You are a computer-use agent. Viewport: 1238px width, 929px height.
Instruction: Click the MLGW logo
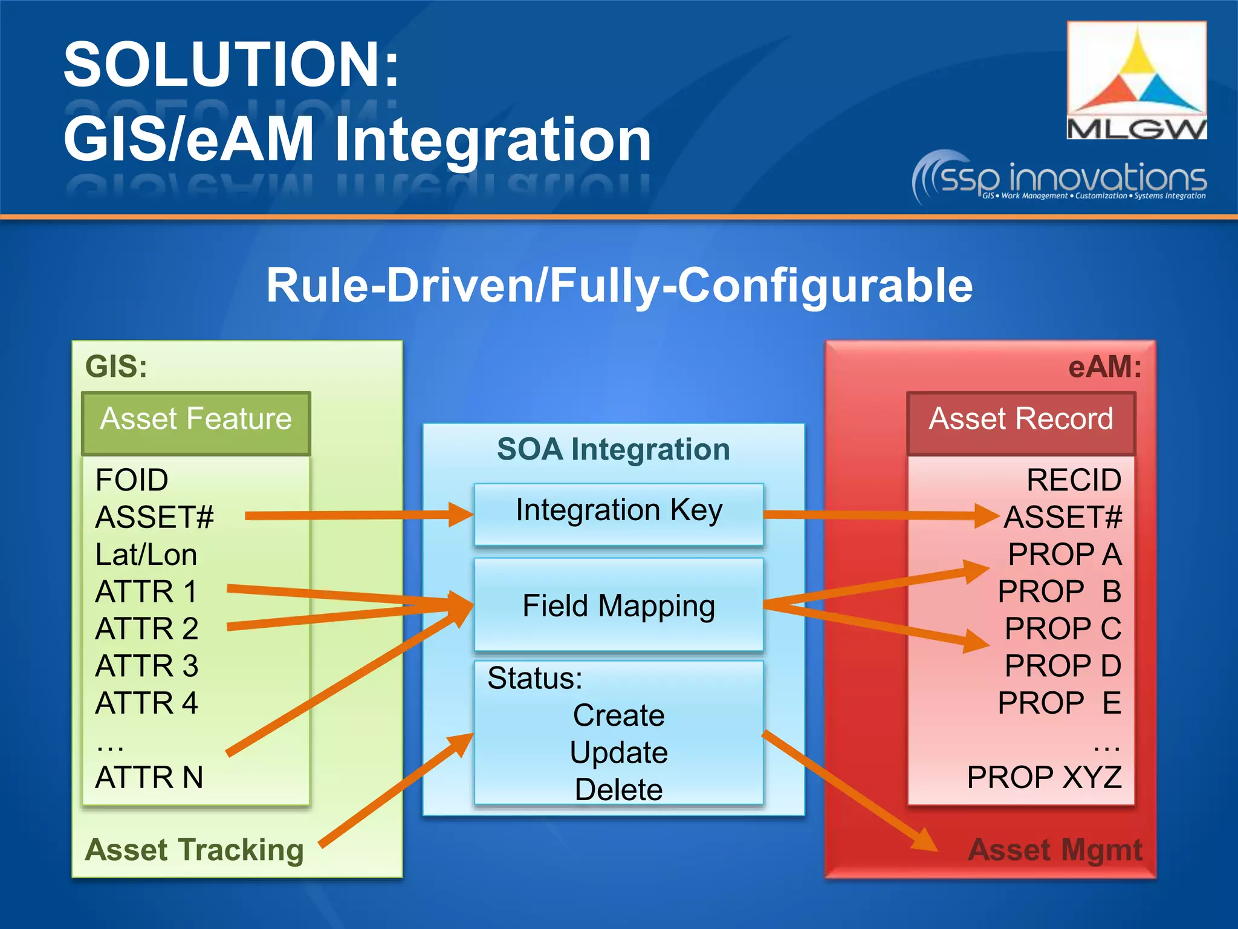[1136, 80]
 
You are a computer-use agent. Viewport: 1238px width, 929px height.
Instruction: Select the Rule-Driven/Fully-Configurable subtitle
[619, 285]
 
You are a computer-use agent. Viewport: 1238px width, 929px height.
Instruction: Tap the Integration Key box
[618, 511]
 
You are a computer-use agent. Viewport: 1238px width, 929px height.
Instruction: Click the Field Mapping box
[618, 605]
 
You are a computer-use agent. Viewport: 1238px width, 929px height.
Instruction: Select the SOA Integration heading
[613, 449]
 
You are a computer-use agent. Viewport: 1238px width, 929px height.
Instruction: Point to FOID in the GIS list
[132, 480]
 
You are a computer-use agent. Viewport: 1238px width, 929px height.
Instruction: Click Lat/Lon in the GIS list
[146, 555]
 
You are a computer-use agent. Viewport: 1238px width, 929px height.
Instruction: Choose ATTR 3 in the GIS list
[147, 666]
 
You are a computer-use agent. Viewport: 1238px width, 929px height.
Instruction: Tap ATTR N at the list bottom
[149, 777]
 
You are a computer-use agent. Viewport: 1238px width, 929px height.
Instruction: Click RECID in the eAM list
[1074, 480]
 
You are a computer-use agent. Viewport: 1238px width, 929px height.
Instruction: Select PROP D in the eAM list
[1063, 666]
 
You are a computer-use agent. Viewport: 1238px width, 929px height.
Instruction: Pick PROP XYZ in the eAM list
[1044, 777]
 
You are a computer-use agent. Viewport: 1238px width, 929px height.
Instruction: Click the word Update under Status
[618, 753]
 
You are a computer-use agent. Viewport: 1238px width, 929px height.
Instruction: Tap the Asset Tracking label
[195, 850]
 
